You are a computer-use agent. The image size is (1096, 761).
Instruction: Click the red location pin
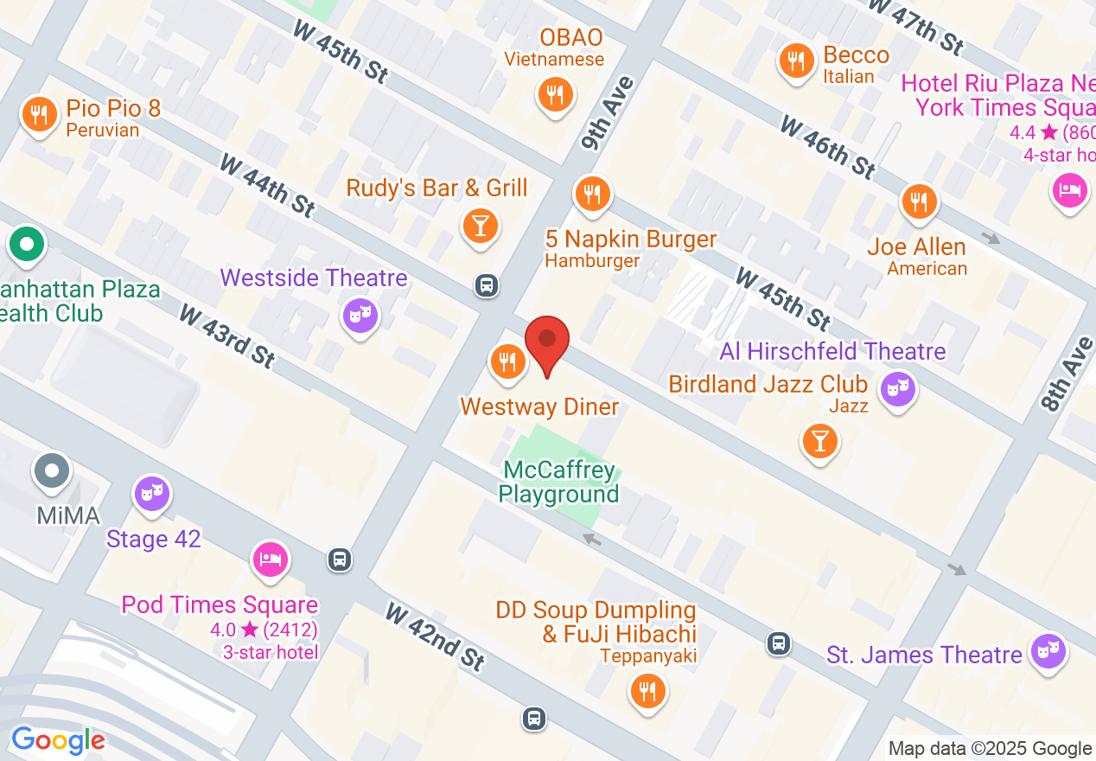547,342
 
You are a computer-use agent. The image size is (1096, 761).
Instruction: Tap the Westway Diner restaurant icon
508,361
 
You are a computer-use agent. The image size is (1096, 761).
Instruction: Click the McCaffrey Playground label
560,482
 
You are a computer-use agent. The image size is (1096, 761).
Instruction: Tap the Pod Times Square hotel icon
271,559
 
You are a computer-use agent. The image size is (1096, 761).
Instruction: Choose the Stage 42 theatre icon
152,494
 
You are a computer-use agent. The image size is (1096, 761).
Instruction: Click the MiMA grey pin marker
53,471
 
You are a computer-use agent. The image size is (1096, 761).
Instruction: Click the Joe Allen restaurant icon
919,201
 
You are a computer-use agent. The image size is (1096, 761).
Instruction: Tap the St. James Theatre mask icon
1049,650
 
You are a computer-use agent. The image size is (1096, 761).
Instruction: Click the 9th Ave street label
608,113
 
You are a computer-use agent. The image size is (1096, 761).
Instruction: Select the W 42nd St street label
435,638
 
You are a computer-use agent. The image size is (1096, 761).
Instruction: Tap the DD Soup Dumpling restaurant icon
647,691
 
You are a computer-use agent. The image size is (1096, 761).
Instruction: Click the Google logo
58,741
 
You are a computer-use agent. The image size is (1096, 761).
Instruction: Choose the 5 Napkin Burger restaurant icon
592,195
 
